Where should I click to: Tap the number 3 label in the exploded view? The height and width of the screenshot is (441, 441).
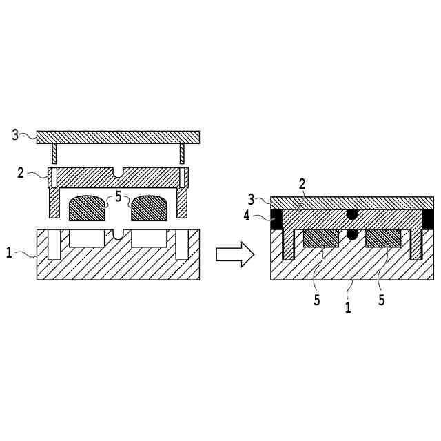[x=16, y=134]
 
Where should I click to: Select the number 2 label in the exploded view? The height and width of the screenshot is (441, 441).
[x=21, y=172]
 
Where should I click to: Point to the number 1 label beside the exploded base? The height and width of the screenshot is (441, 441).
[x=9, y=254]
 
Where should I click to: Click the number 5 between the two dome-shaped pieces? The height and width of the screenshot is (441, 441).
[x=118, y=197]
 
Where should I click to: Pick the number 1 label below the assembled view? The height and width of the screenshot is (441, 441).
[x=348, y=308]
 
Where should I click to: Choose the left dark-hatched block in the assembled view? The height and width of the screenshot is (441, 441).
[x=320, y=238]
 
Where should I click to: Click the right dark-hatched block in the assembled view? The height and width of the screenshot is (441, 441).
[x=384, y=238]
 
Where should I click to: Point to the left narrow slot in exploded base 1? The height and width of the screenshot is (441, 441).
[x=54, y=245]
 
